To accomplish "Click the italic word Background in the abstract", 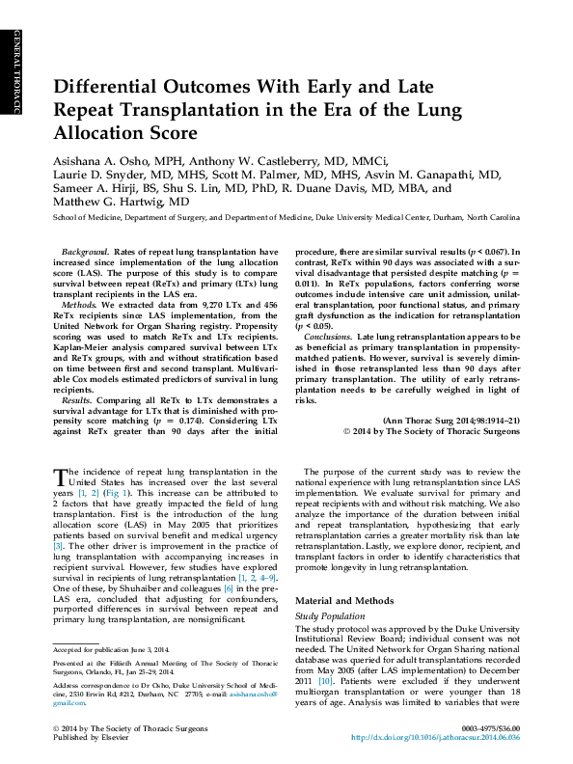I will (84, 251).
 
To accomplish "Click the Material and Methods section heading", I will (342, 601).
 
